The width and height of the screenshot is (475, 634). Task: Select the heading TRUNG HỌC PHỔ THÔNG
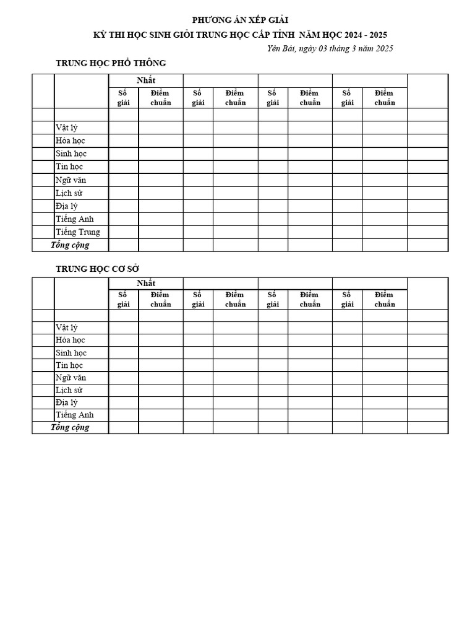(111, 63)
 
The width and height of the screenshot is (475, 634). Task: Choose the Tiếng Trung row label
(78, 232)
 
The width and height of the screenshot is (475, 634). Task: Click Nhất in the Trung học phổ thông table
(146, 80)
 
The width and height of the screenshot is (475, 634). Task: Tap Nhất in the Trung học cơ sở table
(146, 283)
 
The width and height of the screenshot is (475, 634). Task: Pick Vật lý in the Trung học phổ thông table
(66, 128)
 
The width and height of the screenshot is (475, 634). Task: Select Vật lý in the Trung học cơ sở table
(66, 328)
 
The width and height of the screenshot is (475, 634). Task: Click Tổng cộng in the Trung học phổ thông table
(70, 245)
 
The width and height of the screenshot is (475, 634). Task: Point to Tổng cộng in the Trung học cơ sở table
(70, 427)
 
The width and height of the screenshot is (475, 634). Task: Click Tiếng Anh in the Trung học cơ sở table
(75, 415)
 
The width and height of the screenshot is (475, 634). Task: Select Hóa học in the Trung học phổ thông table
(71, 141)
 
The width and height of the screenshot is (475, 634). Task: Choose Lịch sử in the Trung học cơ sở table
(69, 390)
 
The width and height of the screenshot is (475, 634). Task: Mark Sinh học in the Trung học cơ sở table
(71, 353)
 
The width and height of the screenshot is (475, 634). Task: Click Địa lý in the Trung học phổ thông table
(67, 206)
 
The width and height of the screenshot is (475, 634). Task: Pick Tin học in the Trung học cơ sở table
(69, 365)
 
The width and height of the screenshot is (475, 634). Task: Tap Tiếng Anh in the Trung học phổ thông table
(75, 219)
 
